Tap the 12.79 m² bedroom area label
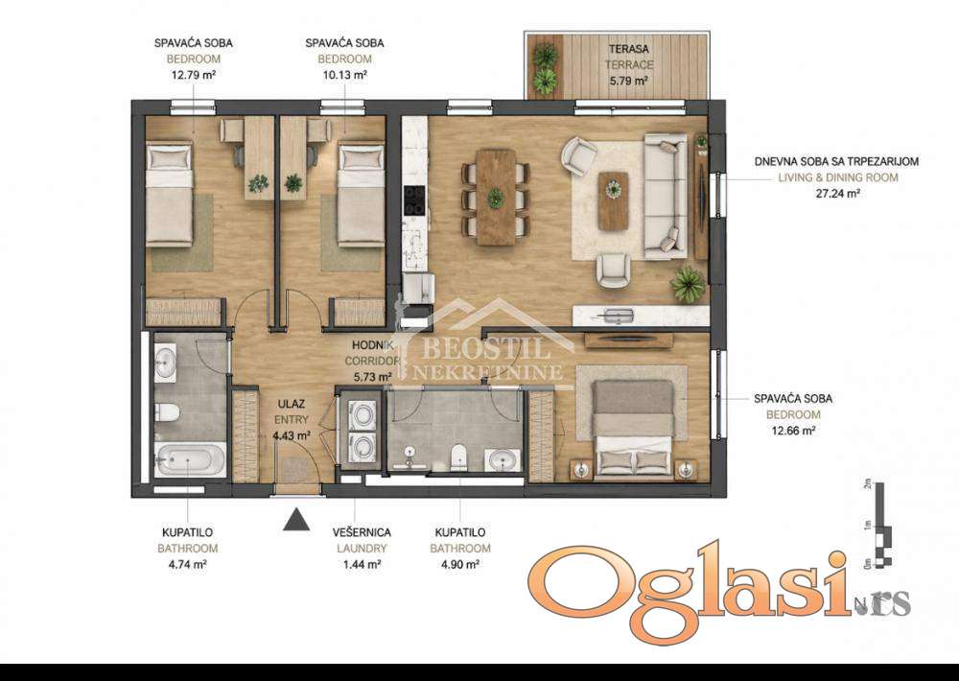(x=194, y=75)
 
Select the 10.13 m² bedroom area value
(x=344, y=75)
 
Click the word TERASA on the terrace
(x=629, y=48)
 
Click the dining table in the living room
(x=496, y=198)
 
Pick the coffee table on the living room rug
(x=613, y=201)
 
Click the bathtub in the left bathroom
(x=190, y=459)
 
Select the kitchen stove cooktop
(x=414, y=200)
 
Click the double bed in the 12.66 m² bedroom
(x=634, y=427)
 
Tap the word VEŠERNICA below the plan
(x=363, y=532)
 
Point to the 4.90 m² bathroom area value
(x=460, y=564)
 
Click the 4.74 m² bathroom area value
(x=187, y=564)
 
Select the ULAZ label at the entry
(x=292, y=404)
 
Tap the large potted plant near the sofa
(x=688, y=284)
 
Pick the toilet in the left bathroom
(x=167, y=412)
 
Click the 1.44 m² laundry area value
(x=363, y=564)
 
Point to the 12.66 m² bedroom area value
(x=793, y=430)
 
